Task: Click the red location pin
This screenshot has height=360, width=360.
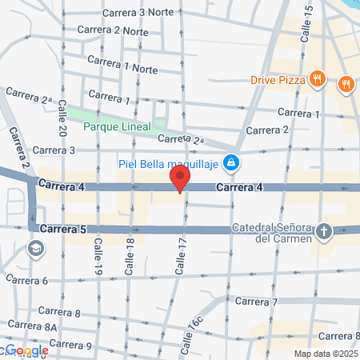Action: [x=179, y=178]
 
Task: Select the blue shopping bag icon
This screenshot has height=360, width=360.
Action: [x=231, y=162]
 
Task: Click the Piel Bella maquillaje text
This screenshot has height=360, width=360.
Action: [x=170, y=164]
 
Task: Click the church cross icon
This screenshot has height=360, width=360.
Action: [x=323, y=231]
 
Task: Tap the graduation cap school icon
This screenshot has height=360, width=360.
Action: [x=35, y=249]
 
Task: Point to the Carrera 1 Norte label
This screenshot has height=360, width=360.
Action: [x=122, y=69]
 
